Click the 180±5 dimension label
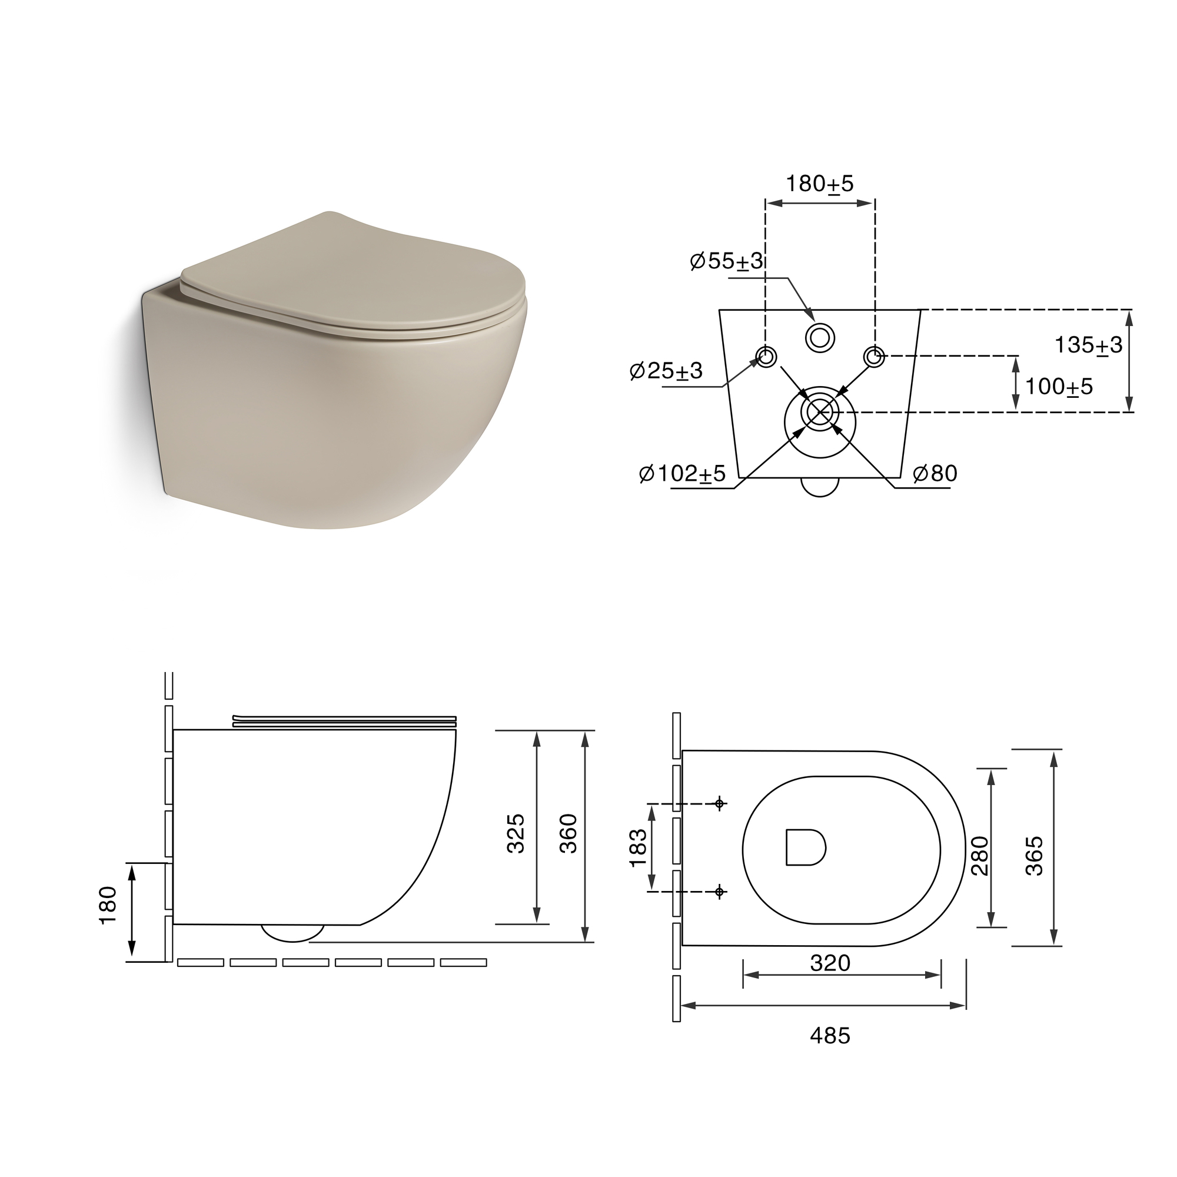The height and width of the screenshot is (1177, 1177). click(x=819, y=184)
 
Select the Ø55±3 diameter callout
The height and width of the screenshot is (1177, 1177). click(x=726, y=261)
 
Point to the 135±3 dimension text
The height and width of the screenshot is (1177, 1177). click(x=1088, y=345)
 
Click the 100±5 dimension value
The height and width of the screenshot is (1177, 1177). click(x=1059, y=386)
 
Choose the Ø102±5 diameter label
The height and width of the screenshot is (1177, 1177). click(x=682, y=473)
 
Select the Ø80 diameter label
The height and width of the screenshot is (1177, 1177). click(x=935, y=473)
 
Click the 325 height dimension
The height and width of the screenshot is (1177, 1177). click(x=516, y=833)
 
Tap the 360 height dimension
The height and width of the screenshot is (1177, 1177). click(x=568, y=833)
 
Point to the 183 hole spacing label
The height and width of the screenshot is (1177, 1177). click(x=637, y=847)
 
